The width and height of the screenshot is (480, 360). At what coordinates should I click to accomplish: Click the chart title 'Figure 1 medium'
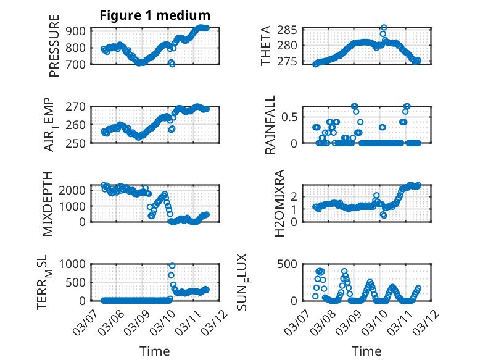tap(155, 15)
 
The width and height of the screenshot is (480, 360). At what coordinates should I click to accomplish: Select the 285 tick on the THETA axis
tap(290, 30)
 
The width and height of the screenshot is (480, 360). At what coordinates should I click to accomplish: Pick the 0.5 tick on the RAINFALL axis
tap(290, 117)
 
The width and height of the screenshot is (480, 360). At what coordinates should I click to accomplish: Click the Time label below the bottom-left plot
tap(155, 351)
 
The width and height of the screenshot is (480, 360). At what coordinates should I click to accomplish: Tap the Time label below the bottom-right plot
tap(366, 351)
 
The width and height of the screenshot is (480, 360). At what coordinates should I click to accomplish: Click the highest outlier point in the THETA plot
tap(384, 28)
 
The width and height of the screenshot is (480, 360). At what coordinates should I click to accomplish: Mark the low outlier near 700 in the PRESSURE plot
tap(172, 64)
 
